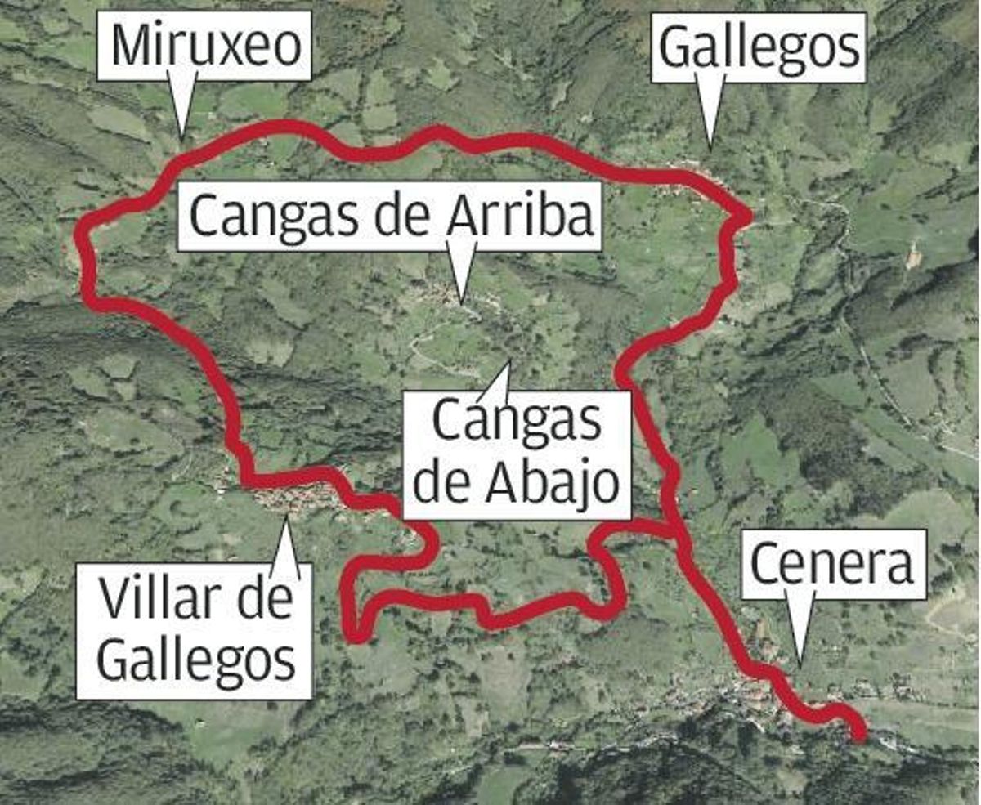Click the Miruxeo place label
[204, 47]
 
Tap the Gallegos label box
[759, 47]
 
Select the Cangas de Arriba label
[390, 216]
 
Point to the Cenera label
[833, 564]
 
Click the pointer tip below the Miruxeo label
[181, 136]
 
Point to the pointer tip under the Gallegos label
[710, 147]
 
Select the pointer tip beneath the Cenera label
[799, 664]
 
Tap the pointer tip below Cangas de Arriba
[462, 302]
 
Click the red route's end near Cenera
[858, 737]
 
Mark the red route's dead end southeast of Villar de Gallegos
[355, 637]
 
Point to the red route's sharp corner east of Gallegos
[746, 217]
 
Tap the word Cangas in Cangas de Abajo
[517, 422]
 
